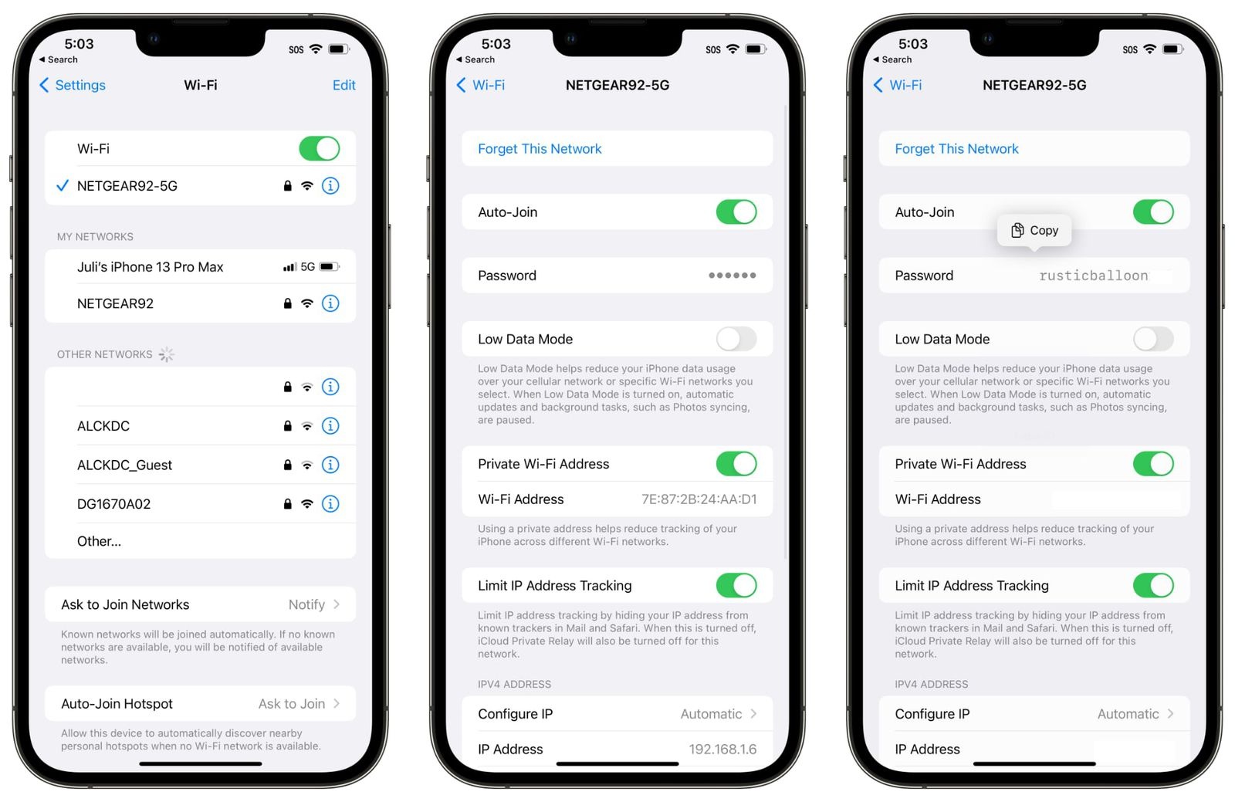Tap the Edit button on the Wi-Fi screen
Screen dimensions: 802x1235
(x=343, y=85)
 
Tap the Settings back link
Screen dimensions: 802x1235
(x=73, y=85)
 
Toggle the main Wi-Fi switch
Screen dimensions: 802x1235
(x=320, y=148)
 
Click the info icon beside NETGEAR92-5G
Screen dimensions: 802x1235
(x=330, y=186)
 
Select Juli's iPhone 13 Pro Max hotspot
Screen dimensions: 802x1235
(x=150, y=267)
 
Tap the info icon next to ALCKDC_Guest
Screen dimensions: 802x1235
(x=330, y=465)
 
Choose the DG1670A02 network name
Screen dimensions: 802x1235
(x=113, y=504)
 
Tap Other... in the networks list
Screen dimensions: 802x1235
(x=99, y=541)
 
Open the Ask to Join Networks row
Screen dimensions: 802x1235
(x=200, y=604)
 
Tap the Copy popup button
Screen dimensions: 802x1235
(x=1034, y=230)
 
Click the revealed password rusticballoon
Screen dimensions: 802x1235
(x=1093, y=276)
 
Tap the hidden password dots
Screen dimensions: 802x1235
(x=732, y=276)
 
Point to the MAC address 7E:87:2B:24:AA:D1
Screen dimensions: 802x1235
(x=699, y=499)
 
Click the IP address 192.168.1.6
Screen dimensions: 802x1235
(x=722, y=749)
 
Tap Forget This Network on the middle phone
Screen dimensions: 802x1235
(x=540, y=149)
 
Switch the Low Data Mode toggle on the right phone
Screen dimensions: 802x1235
(x=1153, y=339)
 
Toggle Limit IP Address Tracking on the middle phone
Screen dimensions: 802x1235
(x=736, y=585)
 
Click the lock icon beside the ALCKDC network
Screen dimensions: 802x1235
(x=287, y=426)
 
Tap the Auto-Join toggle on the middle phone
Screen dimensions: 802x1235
(x=736, y=212)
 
